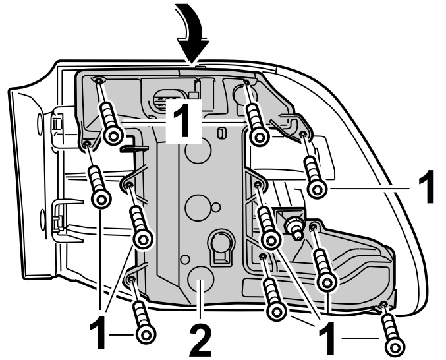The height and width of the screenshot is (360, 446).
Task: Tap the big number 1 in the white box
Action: click(x=182, y=121)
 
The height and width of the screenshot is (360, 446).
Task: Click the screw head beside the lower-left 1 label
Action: click(x=144, y=334)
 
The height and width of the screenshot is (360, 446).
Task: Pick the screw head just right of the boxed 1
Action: click(x=260, y=136)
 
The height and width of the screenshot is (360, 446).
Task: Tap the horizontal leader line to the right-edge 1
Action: click(x=369, y=189)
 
